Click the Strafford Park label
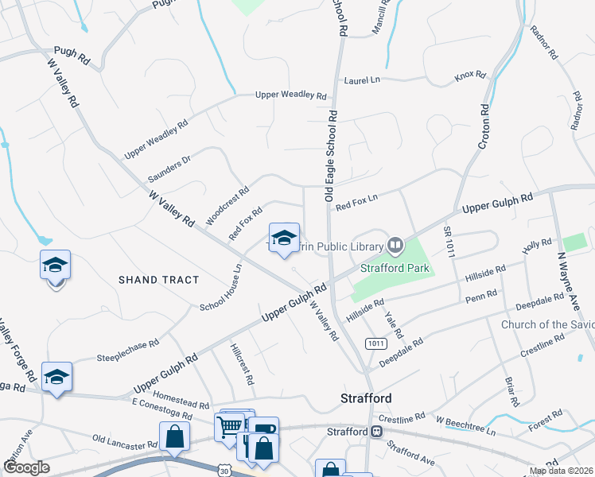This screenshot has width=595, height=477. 395,268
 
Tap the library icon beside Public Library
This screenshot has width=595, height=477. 395,243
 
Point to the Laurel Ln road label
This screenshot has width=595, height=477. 362,81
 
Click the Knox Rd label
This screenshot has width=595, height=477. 470,76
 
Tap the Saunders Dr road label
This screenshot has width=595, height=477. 170,169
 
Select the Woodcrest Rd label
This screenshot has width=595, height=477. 227,204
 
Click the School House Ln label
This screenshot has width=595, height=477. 221,288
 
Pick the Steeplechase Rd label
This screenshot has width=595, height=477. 127,347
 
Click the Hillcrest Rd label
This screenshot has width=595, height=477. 240,365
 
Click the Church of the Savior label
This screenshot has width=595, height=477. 547,324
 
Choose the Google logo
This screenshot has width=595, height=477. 27,467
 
